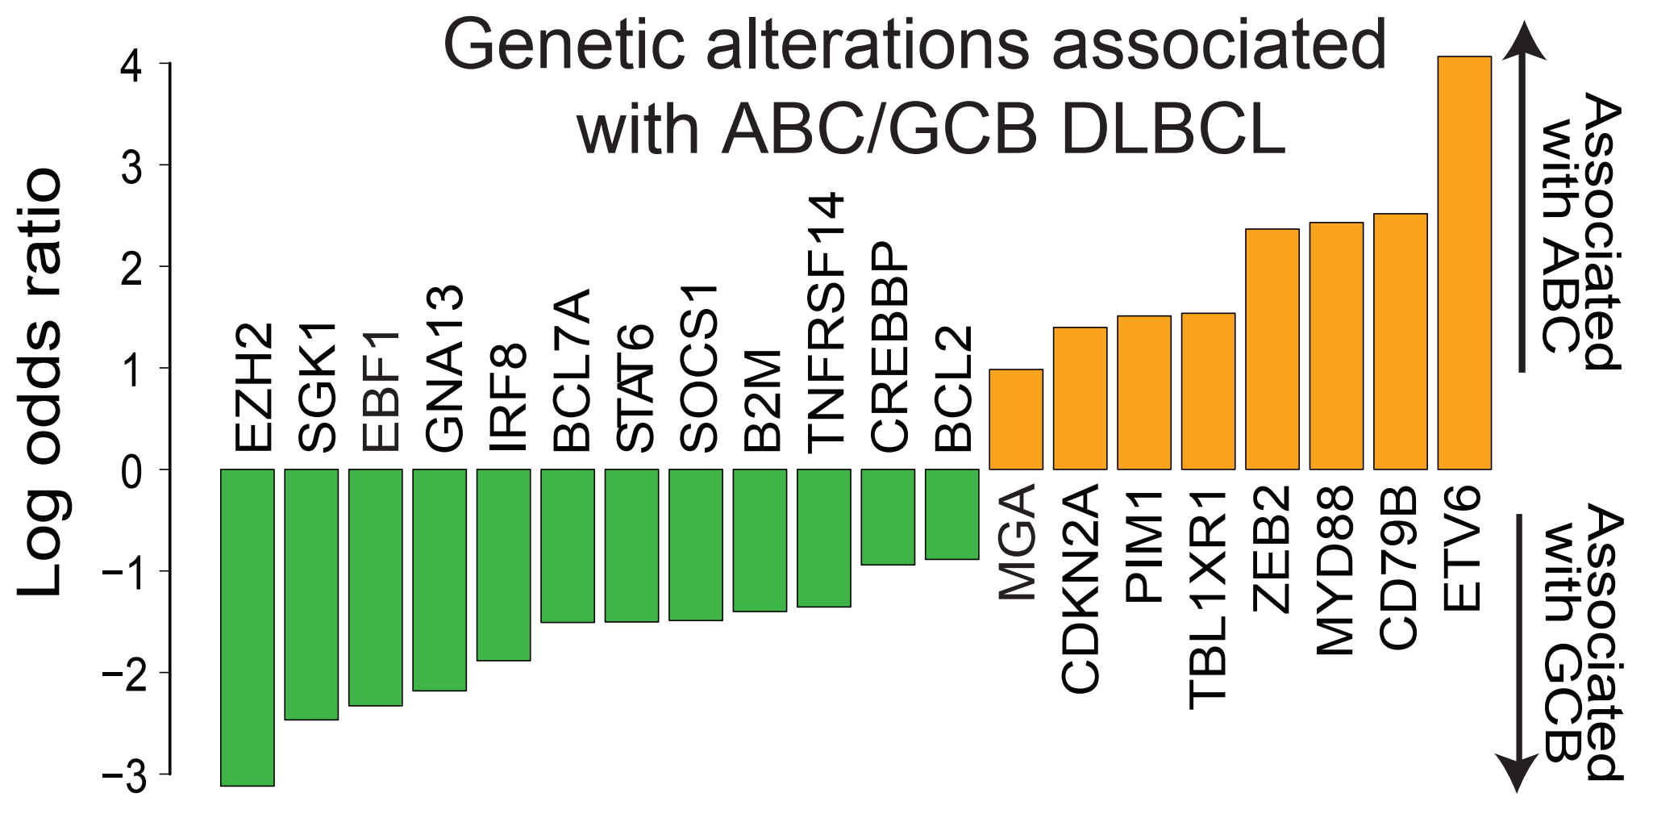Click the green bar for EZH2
point(247,627)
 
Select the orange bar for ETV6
point(1464,263)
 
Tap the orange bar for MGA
point(1015,420)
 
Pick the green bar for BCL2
point(951,514)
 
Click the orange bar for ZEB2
point(1272,349)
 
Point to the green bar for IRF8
point(503,565)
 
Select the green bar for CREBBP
point(888,517)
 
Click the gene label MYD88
point(1335,570)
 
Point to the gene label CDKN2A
point(1080,589)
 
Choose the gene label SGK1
point(316,387)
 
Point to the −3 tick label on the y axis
point(124,777)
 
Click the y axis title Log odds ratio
point(40,382)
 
